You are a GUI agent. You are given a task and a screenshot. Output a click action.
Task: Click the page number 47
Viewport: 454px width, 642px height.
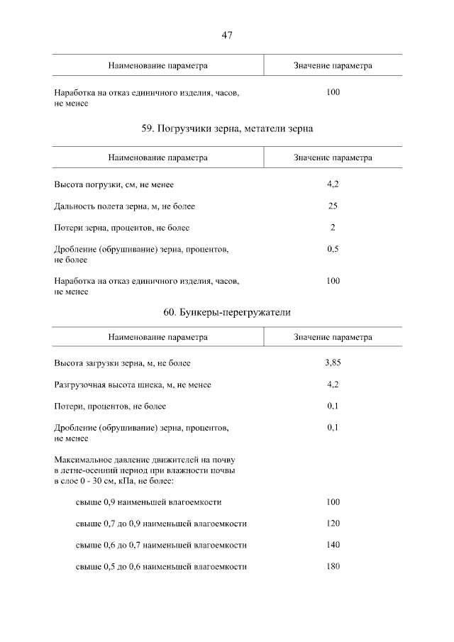227,35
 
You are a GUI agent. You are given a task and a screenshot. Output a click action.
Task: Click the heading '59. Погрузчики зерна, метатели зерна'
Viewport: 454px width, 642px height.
227,128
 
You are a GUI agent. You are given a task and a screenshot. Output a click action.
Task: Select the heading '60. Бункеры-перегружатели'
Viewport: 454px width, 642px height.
227,311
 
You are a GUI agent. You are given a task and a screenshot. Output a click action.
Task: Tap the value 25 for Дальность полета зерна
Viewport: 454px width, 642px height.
333,206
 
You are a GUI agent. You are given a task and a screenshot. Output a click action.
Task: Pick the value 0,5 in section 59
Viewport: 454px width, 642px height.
333,250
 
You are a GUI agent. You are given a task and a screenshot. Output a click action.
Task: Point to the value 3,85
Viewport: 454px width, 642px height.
333,362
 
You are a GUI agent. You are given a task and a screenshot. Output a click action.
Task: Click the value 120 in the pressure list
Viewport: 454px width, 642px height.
333,524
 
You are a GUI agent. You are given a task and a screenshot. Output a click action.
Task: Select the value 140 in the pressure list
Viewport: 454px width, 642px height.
333,545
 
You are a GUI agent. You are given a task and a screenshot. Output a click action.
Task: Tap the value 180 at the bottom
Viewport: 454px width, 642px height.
333,566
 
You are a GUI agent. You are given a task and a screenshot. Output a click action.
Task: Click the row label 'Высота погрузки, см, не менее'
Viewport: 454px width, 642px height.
114,185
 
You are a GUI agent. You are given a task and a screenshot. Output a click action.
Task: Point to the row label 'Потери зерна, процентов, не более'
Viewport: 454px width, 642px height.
122,228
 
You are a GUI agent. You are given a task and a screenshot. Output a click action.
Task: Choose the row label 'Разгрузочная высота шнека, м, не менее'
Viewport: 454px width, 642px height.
133,384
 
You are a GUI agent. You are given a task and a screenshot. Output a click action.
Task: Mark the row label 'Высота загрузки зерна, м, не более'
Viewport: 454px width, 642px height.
123,363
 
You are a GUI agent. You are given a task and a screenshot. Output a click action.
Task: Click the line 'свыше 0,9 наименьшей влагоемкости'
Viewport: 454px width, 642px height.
148,502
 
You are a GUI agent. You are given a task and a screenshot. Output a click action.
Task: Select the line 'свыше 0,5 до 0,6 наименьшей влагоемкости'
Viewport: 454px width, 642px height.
161,567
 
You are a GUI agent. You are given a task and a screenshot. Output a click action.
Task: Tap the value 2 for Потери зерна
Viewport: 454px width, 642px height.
333,228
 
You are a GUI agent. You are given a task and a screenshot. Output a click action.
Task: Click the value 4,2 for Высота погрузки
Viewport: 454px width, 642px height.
333,184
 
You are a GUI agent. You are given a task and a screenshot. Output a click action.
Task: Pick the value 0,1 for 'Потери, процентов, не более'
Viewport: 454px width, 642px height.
333,406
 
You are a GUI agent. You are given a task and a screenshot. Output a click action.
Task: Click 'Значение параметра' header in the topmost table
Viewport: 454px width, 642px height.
333,65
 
